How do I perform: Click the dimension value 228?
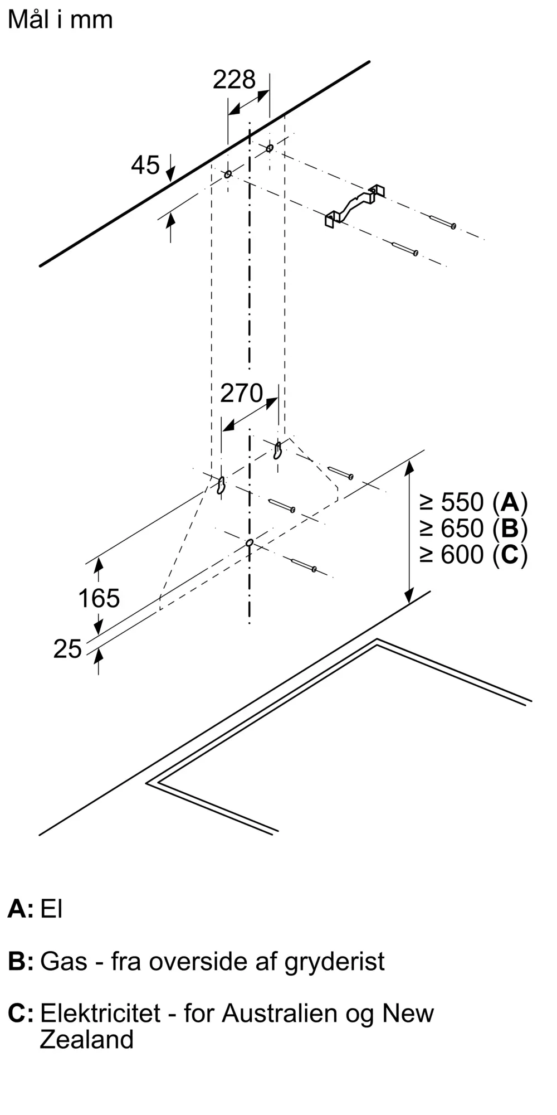click(234, 80)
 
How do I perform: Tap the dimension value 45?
click(145, 165)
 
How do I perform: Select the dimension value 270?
click(241, 394)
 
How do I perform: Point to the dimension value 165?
click(99, 599)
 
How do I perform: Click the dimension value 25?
click(67, 649)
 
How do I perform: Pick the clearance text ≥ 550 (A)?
click(473, 502)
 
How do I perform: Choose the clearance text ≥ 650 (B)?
click(473, 529)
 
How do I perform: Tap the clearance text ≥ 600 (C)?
click(473, 555)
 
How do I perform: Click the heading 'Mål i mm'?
click(60, 20)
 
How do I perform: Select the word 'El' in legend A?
click(51, 909)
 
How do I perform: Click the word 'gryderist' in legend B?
click(334, 962)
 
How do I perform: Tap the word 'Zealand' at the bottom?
click(86, 1040)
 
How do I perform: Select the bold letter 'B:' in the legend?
click(21, 962)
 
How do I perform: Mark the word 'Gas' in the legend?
click(63, 962)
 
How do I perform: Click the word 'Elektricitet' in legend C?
click(100, 1013)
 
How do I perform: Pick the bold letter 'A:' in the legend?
click(21, 909)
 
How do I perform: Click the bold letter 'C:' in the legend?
click(21, 1013)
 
